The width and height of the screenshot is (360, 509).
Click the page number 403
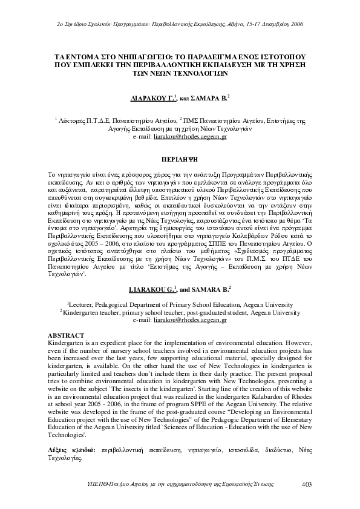pos(306,483)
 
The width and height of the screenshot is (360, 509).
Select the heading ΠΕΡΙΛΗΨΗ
pos(179,145)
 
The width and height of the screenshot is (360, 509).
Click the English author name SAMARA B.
pos(209,290)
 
